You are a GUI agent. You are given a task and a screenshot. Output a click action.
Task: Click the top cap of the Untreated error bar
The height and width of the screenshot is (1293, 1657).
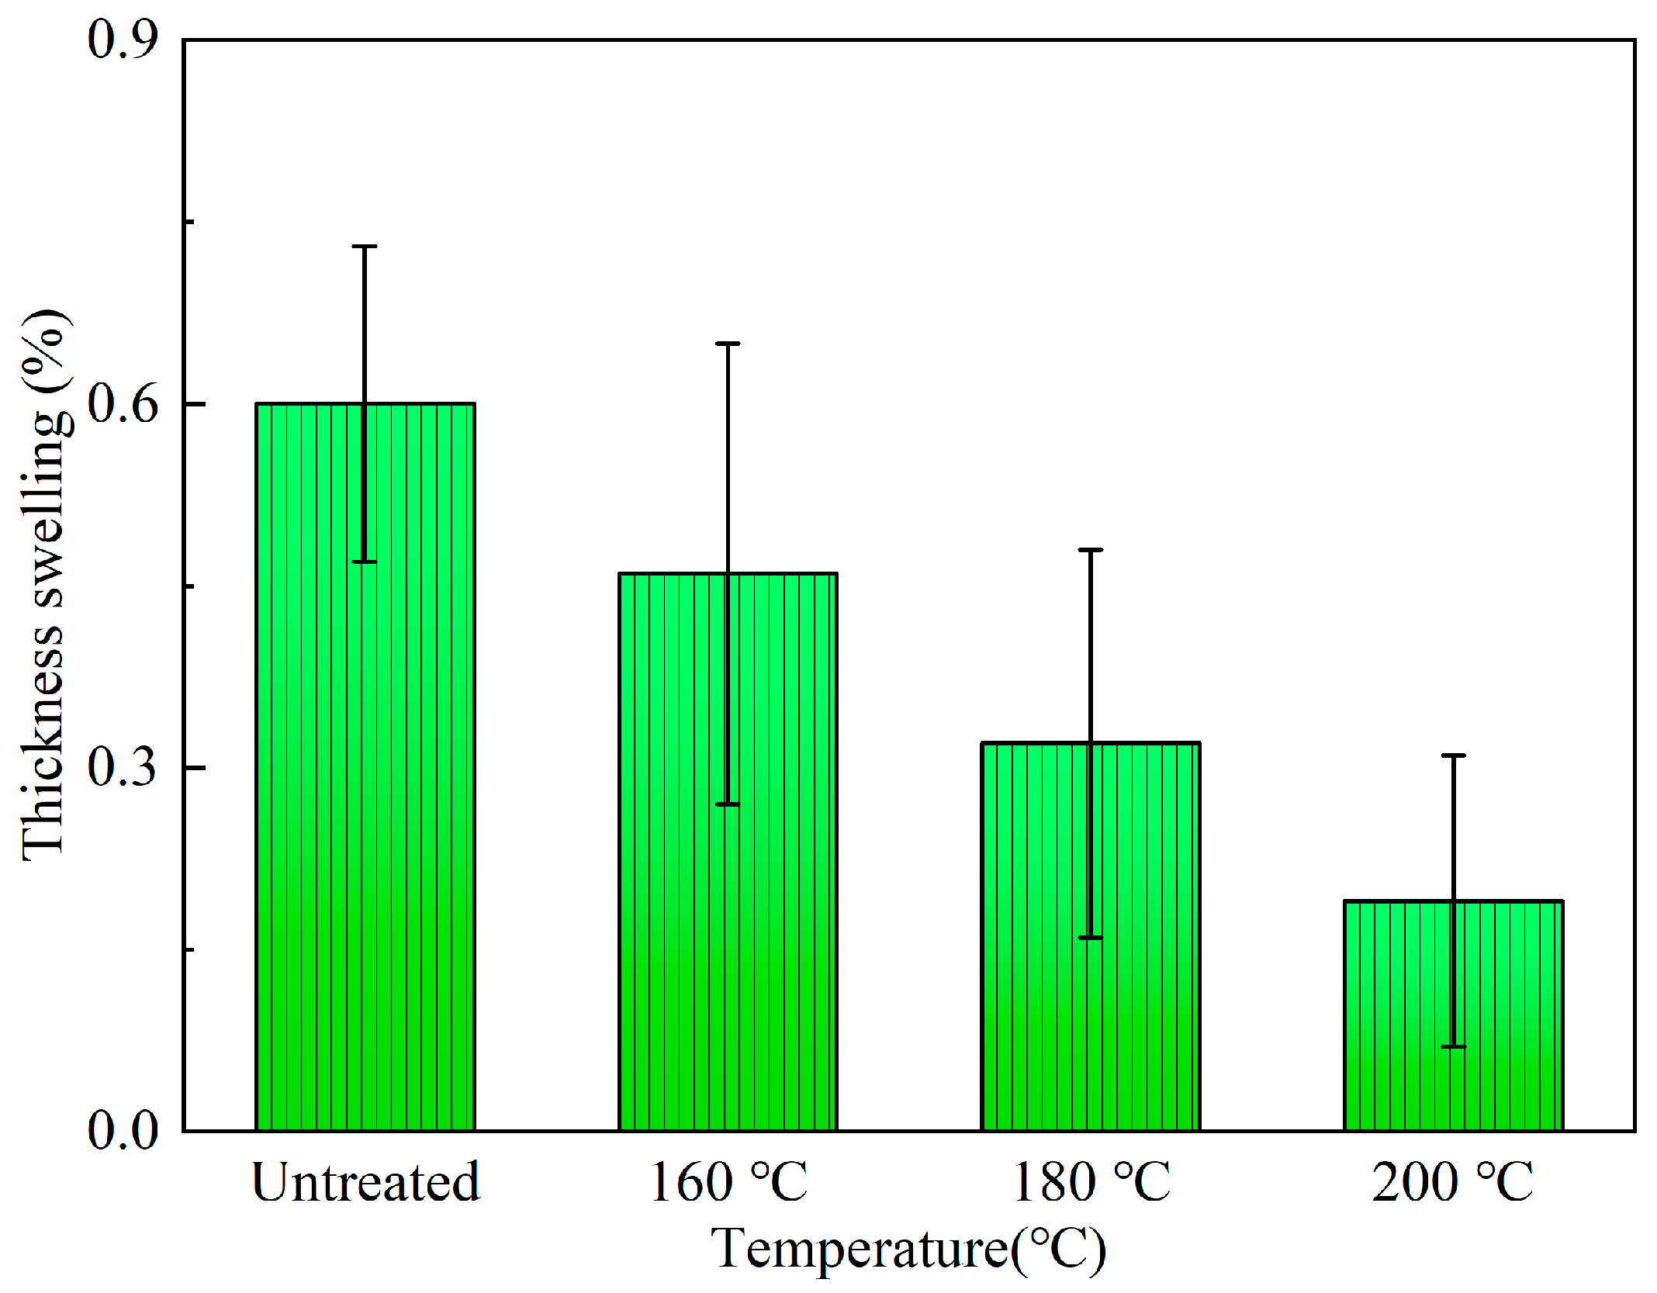(365, 247)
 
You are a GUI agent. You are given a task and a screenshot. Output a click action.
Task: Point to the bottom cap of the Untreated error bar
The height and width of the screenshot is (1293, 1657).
(365, 562)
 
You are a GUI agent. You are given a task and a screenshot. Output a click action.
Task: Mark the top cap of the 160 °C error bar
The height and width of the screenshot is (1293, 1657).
(727, 344)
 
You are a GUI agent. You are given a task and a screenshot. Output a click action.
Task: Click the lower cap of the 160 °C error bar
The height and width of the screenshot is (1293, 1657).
(727, 804)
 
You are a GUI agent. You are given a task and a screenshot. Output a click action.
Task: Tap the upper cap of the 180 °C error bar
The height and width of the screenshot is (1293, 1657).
(1090, 550)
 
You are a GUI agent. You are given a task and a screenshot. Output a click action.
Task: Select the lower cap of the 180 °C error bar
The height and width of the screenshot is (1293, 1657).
(1090, 938)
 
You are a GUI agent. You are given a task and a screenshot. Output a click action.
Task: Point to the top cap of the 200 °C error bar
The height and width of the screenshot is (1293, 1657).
(1453, 755)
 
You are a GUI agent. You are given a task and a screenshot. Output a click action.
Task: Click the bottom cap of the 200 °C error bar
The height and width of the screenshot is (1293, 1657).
(1453, 1047)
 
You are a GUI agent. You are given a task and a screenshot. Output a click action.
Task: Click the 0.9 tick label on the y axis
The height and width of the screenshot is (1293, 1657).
(123, 39)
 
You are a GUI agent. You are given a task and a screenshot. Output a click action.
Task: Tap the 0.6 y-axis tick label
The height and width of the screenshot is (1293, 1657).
(123, 403)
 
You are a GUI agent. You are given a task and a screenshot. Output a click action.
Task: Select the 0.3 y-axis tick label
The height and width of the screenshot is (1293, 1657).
(123, 767)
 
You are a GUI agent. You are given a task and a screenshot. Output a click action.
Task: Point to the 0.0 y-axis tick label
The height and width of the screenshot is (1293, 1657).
(123, 1130)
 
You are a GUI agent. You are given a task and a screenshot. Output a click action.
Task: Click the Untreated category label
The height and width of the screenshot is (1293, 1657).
(365, 1183)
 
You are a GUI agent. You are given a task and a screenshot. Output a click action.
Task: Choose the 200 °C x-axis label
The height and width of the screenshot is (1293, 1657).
(1452, 1183)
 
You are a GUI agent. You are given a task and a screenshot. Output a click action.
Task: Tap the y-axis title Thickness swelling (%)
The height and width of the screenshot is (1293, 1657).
(45, 586)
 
